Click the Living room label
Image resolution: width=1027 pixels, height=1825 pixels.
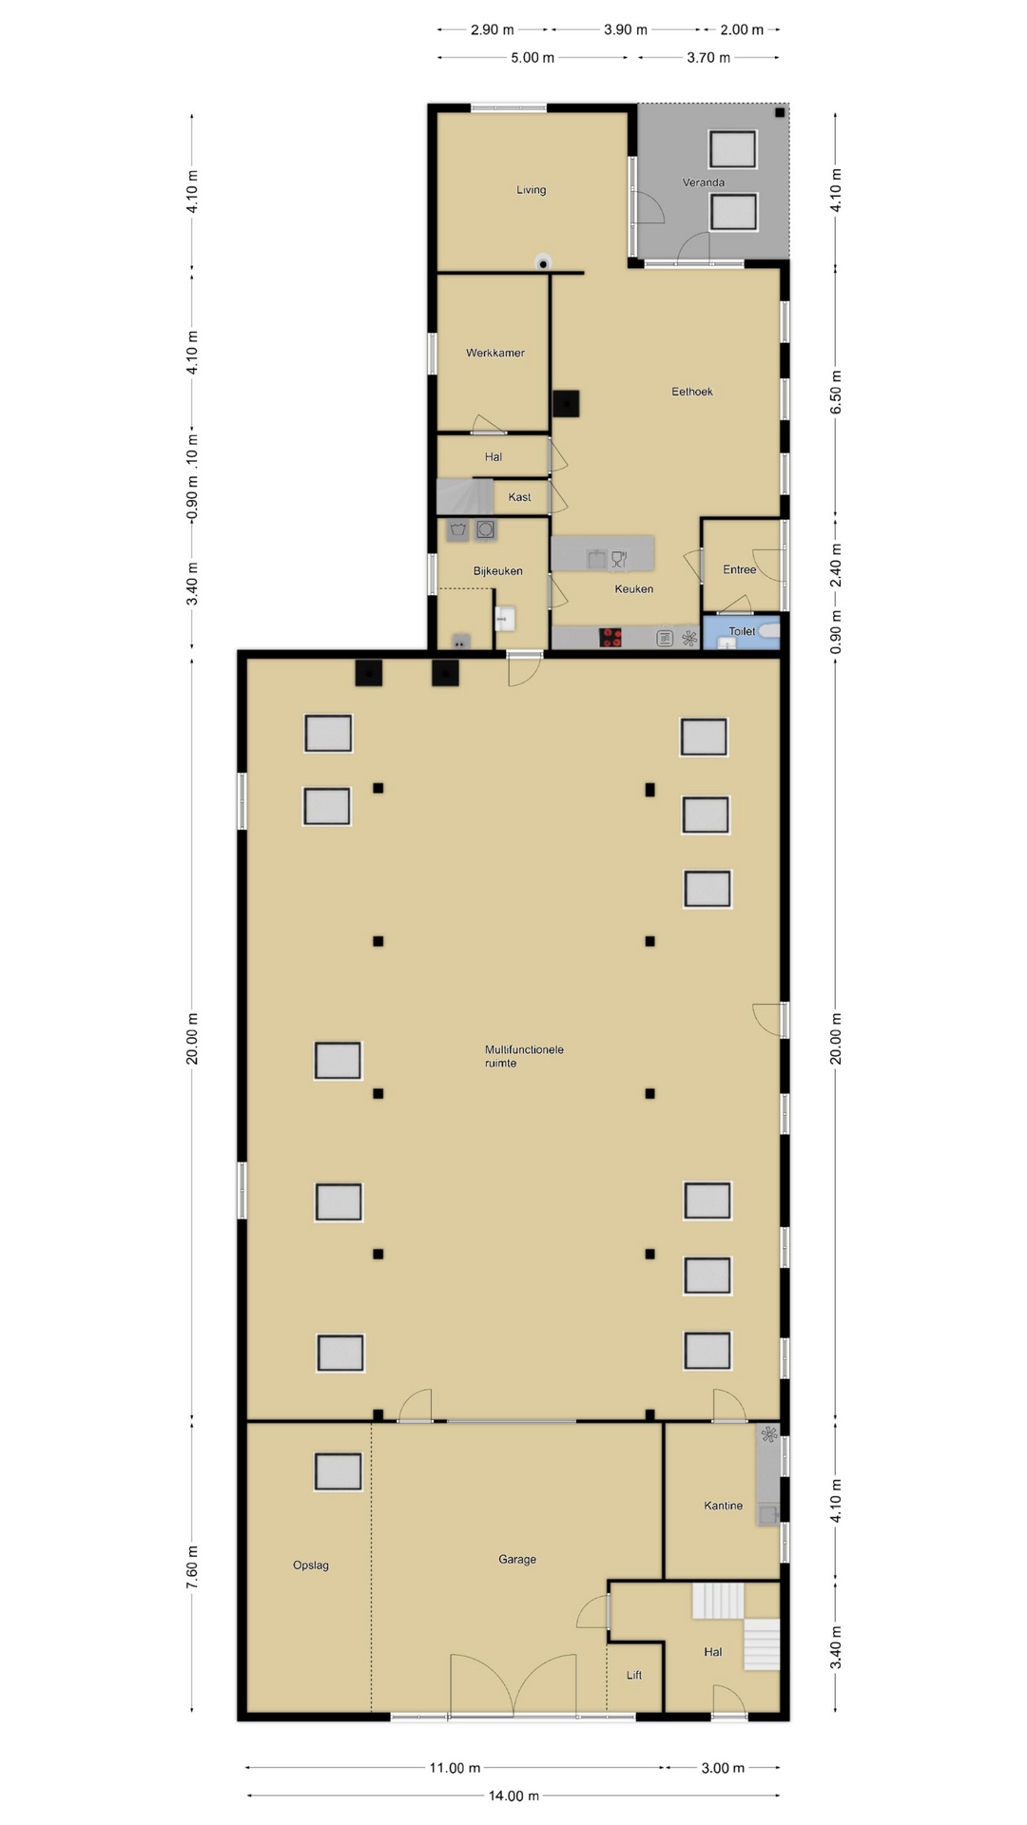pos(531,190)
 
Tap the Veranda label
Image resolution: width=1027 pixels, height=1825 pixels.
pos(704,182)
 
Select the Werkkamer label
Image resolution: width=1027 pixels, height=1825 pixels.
pos(495,353)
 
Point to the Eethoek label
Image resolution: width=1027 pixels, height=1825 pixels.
pos(692,392)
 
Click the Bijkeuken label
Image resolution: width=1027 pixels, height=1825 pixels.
pos(498,571)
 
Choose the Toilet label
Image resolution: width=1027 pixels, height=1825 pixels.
pos(742,631)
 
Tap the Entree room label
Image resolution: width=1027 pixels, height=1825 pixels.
pos(740,570)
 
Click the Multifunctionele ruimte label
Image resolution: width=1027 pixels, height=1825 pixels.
pos(524,1056)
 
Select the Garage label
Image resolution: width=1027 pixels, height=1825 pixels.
pos(517,1559)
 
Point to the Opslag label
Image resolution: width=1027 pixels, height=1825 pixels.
pos(311,1566)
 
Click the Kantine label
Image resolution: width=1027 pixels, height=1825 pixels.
pos(724,1506)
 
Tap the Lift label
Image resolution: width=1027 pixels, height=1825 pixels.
pos(634,1675)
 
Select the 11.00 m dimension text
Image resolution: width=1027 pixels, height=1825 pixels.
pos(455,1768)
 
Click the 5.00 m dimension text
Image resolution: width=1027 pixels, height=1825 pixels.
pos(533,58)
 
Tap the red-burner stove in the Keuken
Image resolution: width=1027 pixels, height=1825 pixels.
pos(610,638)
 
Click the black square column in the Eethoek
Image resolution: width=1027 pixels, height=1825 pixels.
pos(567,403)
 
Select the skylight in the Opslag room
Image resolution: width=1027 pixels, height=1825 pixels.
pos(338,1471)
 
